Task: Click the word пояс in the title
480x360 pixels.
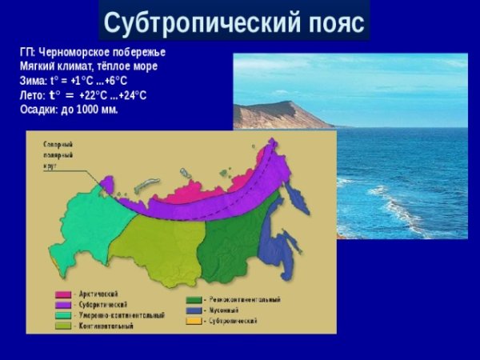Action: (x=330, y=21)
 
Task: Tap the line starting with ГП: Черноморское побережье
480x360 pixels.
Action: (x=93, y=52)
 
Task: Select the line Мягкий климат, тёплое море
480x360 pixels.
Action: (x=89, y=66)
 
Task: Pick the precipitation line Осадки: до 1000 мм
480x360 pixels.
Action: (x=69, y=110)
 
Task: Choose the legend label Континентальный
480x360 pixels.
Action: (x=107, y=326)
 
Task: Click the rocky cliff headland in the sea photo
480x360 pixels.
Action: (x=280, y=114)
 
